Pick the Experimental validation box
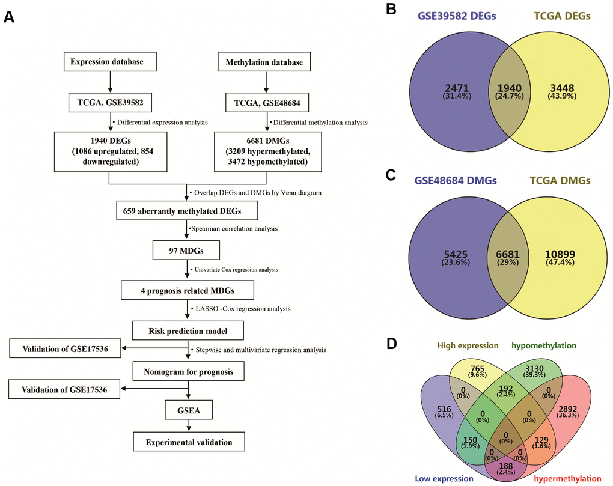tap(189, 443)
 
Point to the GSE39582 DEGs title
tap(456, 17)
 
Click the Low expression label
tap(444, 478)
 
